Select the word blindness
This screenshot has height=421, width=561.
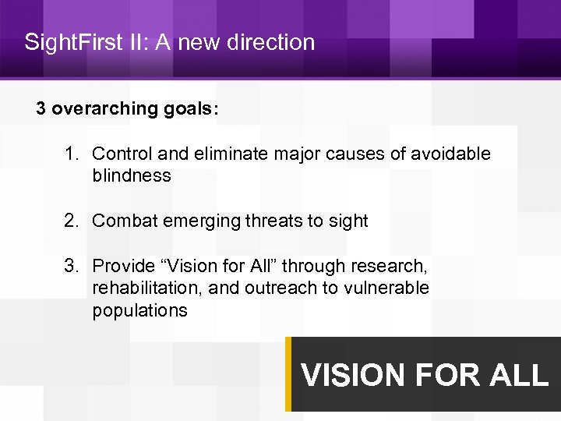pyautogui.click(x=131, y=176)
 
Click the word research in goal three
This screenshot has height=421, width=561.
pyautogui.click(x=396, y=267)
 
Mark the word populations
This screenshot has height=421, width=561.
pyautogui.click(x=139, y=310)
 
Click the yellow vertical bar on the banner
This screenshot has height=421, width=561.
pyautogui.click(x=288, y=374)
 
